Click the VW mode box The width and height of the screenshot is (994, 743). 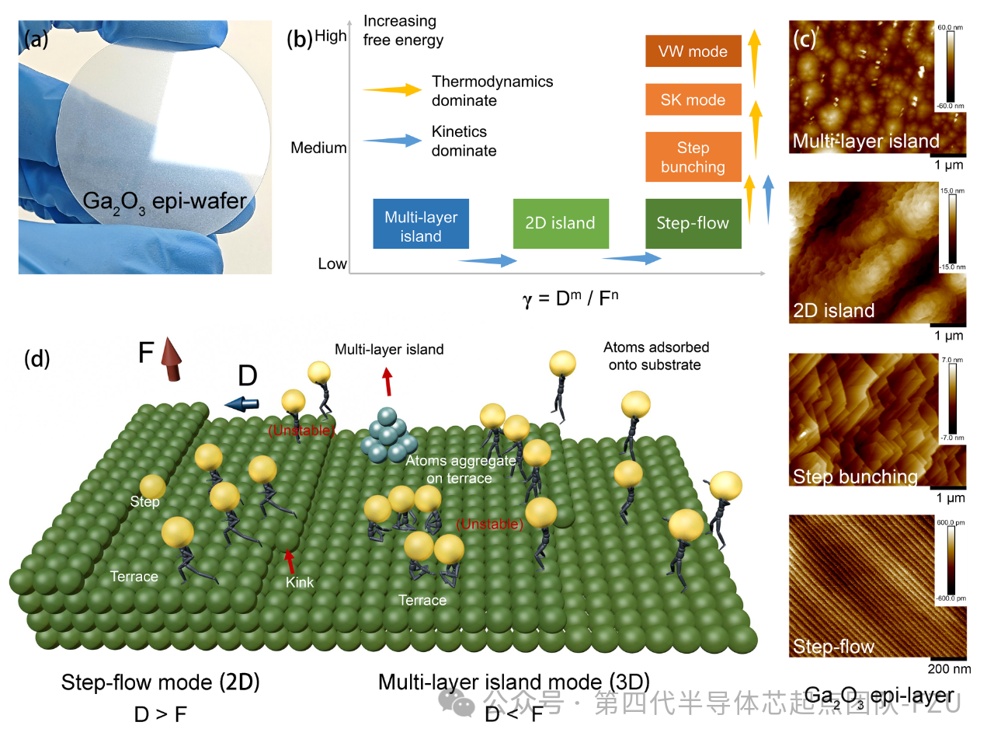click(693, 51)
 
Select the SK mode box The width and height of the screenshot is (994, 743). click(693, 99)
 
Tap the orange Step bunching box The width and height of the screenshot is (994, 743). click(693, 157)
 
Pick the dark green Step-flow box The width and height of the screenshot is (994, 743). click(693, 223)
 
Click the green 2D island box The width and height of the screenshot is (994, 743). click(560, 223)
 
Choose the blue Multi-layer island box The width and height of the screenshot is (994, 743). click(421, 226)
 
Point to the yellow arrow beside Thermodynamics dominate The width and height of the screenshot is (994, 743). click(392, 90)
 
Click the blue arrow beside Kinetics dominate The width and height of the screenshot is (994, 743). click(392, 141)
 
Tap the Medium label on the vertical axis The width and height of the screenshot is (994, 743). click(318, 148)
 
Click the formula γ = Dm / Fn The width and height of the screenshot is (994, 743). click(571, 298)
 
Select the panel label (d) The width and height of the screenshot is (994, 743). click(36, 358)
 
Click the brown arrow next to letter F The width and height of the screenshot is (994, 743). click(172, 360)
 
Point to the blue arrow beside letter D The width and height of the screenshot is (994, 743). click(242, 403)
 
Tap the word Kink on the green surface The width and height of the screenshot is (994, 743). click(300, 582)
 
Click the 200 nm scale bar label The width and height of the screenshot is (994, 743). click(949, 669)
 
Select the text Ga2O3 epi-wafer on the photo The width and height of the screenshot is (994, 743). click(165, 202)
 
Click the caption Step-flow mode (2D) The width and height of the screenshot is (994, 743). click(160, 682)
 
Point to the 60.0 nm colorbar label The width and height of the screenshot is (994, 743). click(950, 27)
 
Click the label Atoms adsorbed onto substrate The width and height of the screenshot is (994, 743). click(656, 356)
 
